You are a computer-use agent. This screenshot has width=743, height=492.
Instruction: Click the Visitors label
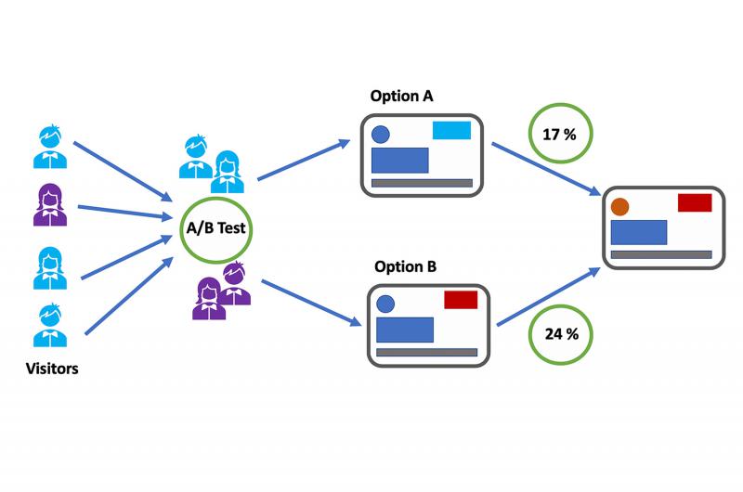point(52,369)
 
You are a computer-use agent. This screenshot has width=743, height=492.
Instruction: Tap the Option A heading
point(401,96)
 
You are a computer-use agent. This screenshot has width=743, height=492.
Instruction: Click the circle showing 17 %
point(559,135)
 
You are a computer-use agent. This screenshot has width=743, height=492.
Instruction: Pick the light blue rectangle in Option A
point(452,130)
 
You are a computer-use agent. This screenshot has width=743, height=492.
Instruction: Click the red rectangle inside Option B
point(461,300)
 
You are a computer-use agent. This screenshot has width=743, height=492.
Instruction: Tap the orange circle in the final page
point(620,206)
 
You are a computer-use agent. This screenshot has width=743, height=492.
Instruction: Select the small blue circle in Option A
point(381,135)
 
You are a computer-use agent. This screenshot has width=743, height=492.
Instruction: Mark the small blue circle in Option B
point(385,304)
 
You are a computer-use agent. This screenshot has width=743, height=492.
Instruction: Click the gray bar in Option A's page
point(417,183)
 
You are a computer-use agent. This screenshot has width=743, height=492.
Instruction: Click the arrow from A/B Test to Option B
point(311,302)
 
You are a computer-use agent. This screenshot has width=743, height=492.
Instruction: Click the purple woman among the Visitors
point(47,204)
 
